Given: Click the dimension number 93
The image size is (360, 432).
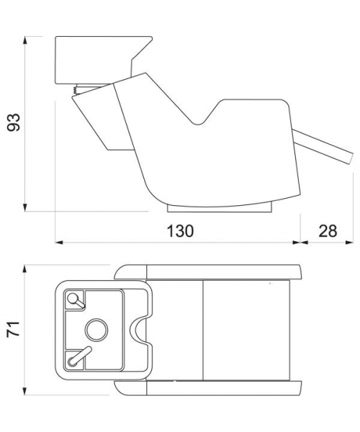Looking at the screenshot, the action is click(x=13, y=122).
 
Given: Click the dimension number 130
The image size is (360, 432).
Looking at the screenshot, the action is click(x=181, y=231).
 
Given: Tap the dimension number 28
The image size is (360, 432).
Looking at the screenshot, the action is click(x=328, y=231).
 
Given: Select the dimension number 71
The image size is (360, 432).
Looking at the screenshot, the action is click(x=13, y=328).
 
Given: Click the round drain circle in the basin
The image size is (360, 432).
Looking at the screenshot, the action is click(x=96, y=330).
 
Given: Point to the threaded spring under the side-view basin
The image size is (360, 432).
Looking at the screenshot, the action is click(x=75, y=91).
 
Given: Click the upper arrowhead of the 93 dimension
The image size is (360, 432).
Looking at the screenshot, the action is click(x=25, y=40).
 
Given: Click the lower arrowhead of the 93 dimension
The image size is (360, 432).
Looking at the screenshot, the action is click(x=25, y=207).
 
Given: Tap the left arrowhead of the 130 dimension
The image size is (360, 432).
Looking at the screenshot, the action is click(x=60, y=243).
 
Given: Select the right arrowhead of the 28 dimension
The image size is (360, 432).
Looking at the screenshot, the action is click(x=349, y=243).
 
